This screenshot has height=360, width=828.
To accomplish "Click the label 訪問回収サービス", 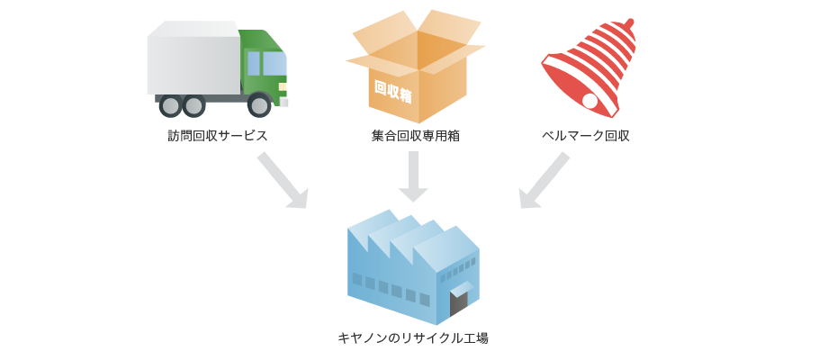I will tap(217, 136).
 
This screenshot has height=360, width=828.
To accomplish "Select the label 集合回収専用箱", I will tap(415, 136).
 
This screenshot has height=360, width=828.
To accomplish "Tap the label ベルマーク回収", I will tap(585, 136).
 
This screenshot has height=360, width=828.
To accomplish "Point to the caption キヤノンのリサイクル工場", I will tap(413, 338).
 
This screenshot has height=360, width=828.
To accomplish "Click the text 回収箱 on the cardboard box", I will tap(393, 91).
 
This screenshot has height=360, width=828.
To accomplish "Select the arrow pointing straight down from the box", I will tap(413, 176).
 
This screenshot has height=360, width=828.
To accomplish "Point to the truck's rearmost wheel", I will tap(170, 105).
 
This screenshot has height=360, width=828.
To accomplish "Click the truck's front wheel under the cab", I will tap(259, 105).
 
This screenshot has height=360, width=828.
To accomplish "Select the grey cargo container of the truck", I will tap(193, 63).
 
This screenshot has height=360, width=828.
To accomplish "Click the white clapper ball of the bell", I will tap(590, 101).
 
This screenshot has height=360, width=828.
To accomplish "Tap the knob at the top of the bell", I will tap(629, 22).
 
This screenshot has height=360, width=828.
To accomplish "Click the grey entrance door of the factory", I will tap(459, 301).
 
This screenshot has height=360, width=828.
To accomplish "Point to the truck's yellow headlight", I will tap(283, 87).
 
